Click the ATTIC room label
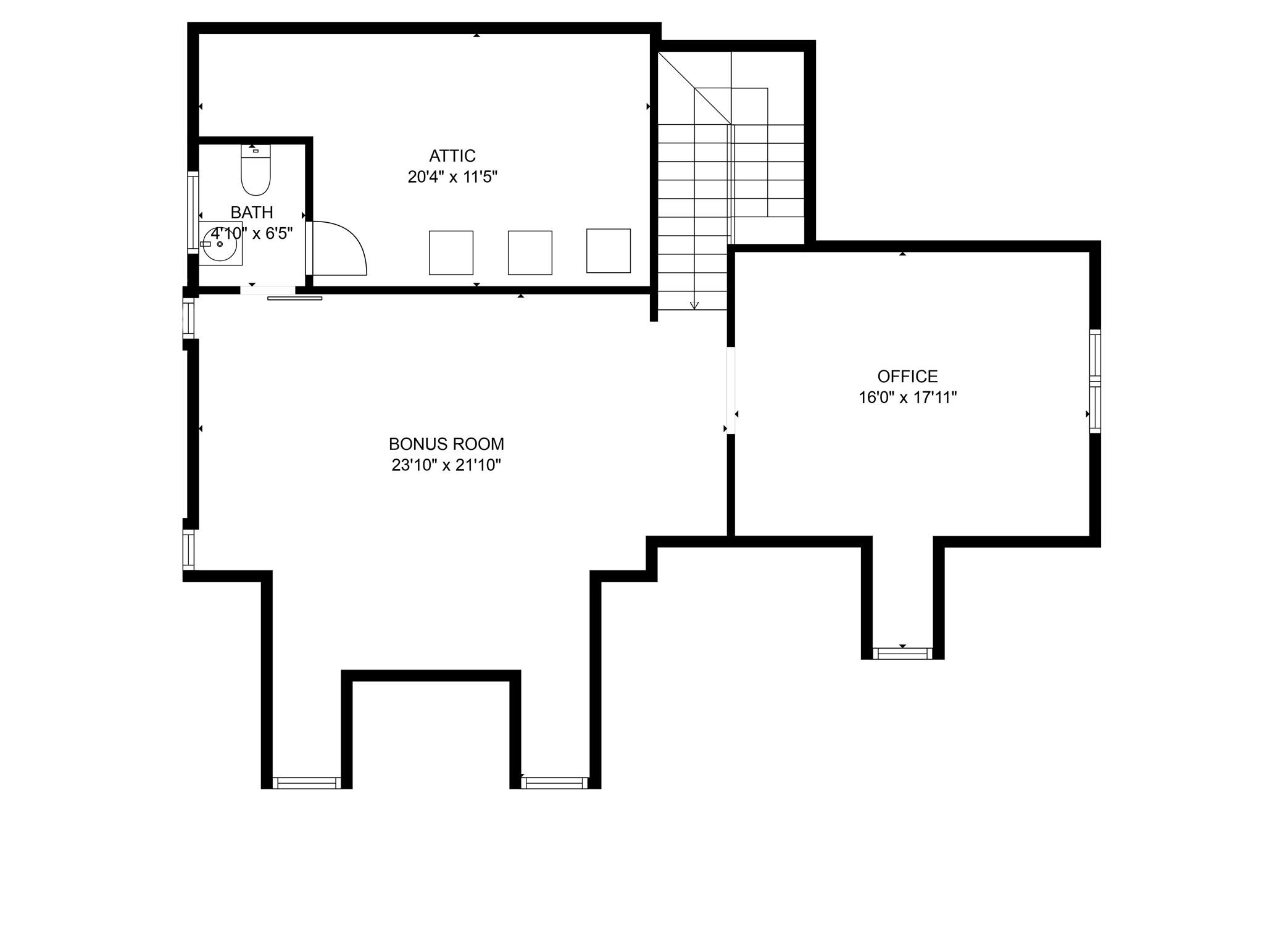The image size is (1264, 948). click(452, 156)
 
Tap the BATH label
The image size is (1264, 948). click(252, 212)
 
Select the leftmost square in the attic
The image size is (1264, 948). click(451, 252)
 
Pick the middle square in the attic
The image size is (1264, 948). click(530, 252)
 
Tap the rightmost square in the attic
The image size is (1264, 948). click(608, 251)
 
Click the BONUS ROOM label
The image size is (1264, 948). click(446, 444)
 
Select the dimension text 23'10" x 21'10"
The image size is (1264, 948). click(446, 465)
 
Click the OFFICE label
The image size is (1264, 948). click(907, 376)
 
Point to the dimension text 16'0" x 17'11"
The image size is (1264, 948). click(907, 397)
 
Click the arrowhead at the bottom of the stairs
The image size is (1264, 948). click(694, 305)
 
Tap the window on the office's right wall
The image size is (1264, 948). click(1094, 381)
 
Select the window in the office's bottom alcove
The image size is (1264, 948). click(902, 654)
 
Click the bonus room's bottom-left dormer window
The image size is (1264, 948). click(306, 783)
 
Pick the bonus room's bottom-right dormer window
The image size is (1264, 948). click(554, 783)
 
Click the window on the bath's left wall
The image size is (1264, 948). click(193, 212)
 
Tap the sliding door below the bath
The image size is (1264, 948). click(294, 298)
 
